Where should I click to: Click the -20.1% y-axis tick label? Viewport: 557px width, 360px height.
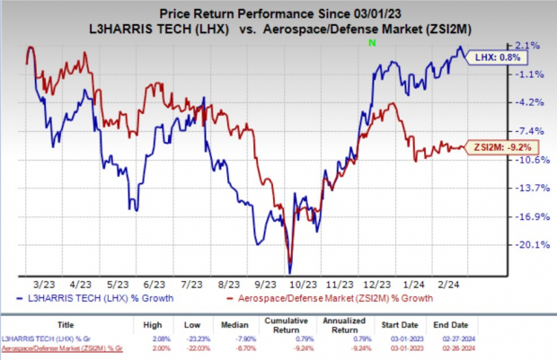coord(526,244)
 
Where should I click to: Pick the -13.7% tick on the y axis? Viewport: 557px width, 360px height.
coord(526,188)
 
